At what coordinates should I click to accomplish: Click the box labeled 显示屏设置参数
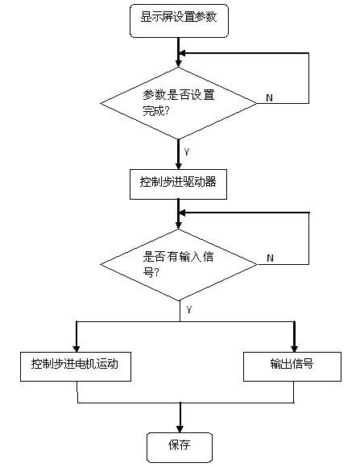179,21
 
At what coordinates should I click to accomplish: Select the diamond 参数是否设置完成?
178,103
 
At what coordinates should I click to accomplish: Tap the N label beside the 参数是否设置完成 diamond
269,97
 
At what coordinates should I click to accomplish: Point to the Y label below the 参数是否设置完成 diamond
187,152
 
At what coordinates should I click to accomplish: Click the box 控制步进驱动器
178,184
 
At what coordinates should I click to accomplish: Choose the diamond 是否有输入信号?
179,264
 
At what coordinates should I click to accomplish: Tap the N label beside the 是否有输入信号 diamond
270,258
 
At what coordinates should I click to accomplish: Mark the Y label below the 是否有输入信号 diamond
189,309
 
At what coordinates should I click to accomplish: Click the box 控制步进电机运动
76,366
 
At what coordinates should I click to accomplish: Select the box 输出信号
292,366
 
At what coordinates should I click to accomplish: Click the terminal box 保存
180,448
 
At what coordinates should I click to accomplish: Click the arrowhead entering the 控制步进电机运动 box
77,349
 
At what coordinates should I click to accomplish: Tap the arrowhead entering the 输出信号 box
295,349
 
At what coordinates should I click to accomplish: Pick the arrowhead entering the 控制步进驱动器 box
178,166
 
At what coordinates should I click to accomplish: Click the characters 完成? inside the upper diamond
156,111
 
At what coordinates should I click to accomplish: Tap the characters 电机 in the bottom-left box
85,364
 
